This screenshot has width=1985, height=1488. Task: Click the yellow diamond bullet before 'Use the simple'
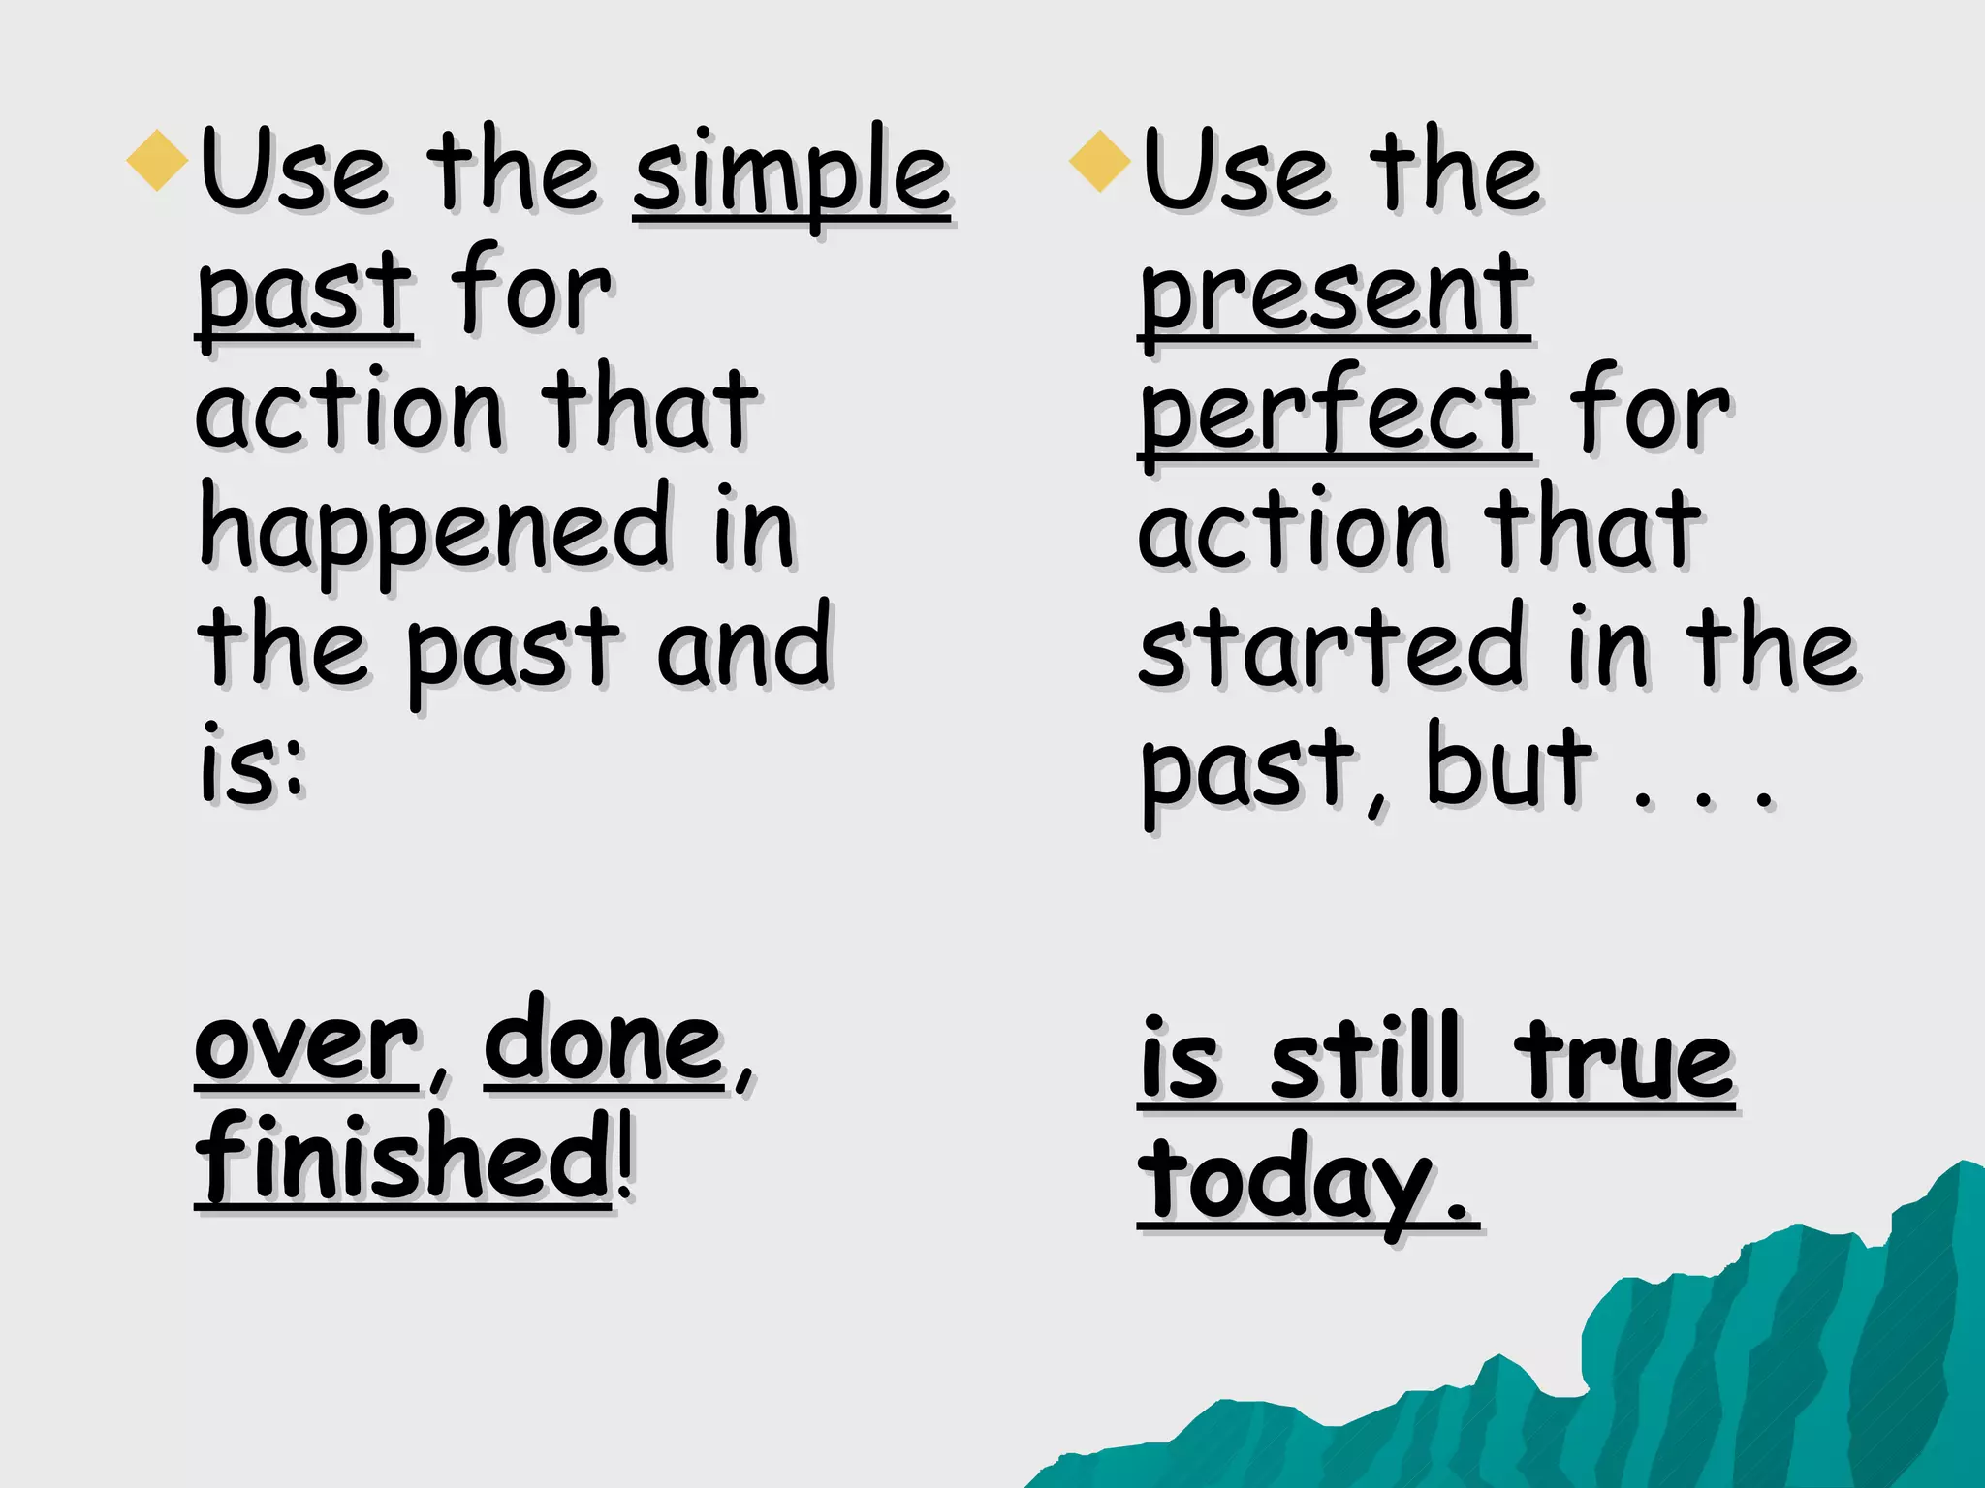(157, 161)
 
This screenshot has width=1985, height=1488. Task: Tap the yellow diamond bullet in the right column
(1100, 161)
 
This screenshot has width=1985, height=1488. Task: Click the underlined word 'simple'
(791, 174)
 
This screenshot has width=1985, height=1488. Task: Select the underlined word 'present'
(1334, 293)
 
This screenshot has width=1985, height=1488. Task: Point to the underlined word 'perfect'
(1335, 412)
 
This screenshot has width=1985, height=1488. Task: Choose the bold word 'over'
(305, 1046)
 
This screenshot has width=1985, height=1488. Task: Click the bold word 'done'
(604, 1041)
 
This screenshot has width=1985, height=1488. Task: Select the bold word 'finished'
(402, 1158)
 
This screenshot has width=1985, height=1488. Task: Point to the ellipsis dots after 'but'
(1703, 800)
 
